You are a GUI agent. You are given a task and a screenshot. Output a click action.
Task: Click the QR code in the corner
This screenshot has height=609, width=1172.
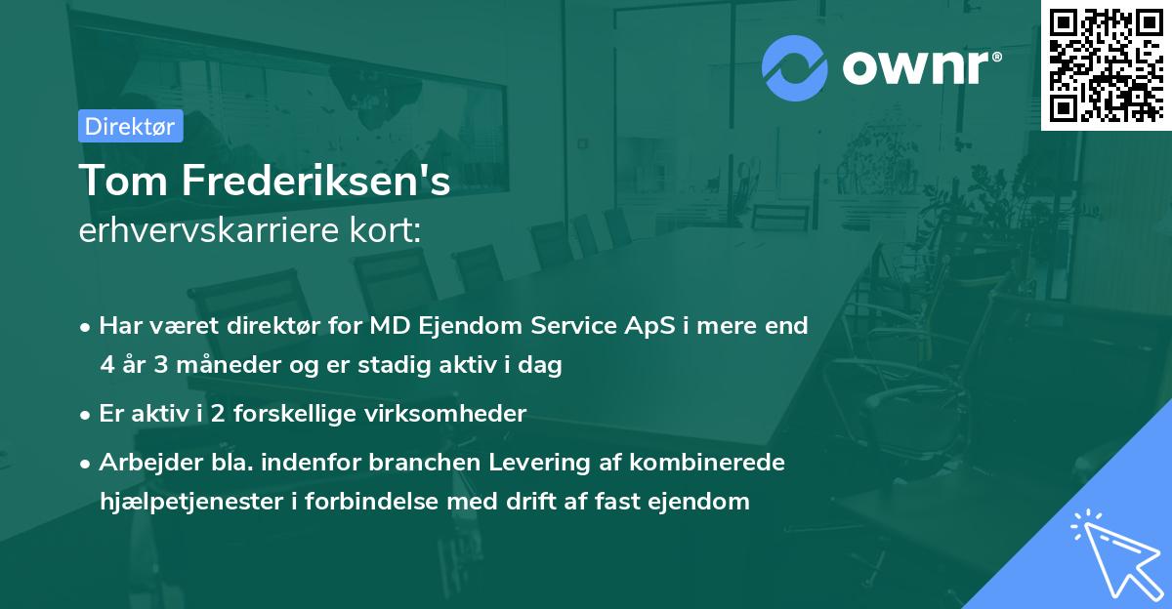coord(1106,64)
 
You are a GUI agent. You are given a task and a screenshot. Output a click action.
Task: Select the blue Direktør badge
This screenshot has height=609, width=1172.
coord(130,126)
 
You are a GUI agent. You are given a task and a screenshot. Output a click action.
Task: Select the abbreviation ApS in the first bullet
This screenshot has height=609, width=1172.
coord(644,326)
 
